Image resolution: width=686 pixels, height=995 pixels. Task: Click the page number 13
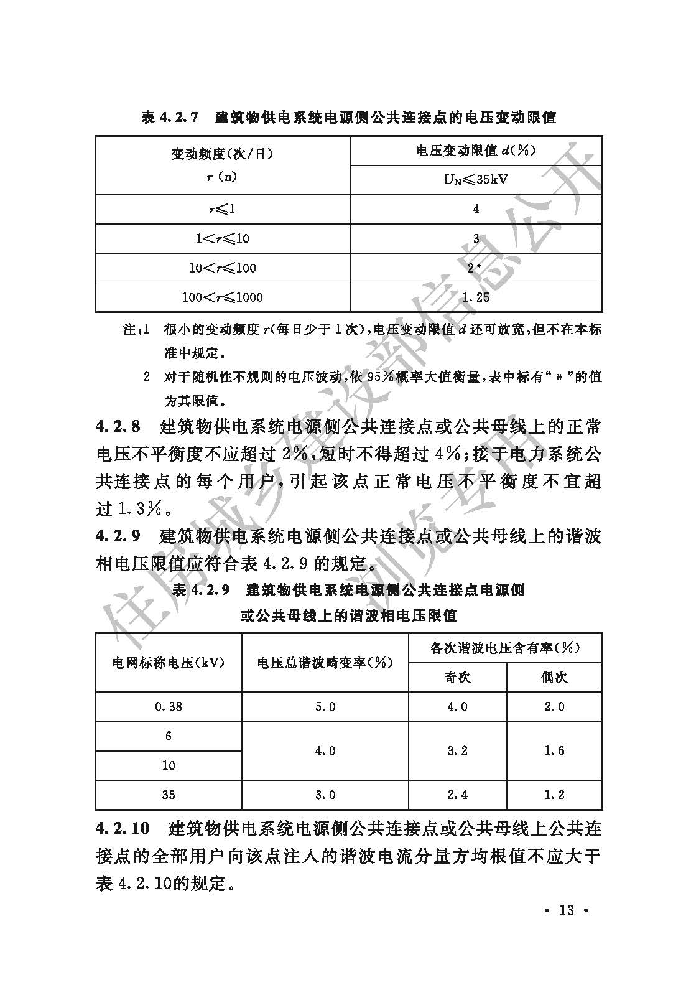566,910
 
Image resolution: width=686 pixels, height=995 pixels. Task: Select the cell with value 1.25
476,297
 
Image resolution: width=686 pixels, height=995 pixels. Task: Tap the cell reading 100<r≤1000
222,297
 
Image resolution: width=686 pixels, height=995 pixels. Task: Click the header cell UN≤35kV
476,180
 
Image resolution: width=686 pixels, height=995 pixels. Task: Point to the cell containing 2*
476,268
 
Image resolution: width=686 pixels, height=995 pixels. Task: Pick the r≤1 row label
222,209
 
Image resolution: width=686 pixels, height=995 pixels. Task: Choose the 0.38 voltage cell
169,706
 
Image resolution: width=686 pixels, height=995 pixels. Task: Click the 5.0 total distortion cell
325,706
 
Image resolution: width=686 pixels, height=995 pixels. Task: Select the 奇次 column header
457,677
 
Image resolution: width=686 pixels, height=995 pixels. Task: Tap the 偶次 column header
554,677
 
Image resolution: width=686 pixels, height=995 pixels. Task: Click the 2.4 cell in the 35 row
457,795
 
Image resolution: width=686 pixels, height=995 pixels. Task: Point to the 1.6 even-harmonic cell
554,750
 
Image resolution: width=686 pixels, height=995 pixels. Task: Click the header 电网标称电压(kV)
169,663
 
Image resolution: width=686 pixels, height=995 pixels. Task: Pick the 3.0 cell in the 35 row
325,795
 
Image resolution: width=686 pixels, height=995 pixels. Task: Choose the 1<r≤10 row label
222,238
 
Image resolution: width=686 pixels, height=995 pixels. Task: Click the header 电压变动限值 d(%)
476,151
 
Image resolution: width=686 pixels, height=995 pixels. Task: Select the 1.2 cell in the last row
554,795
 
